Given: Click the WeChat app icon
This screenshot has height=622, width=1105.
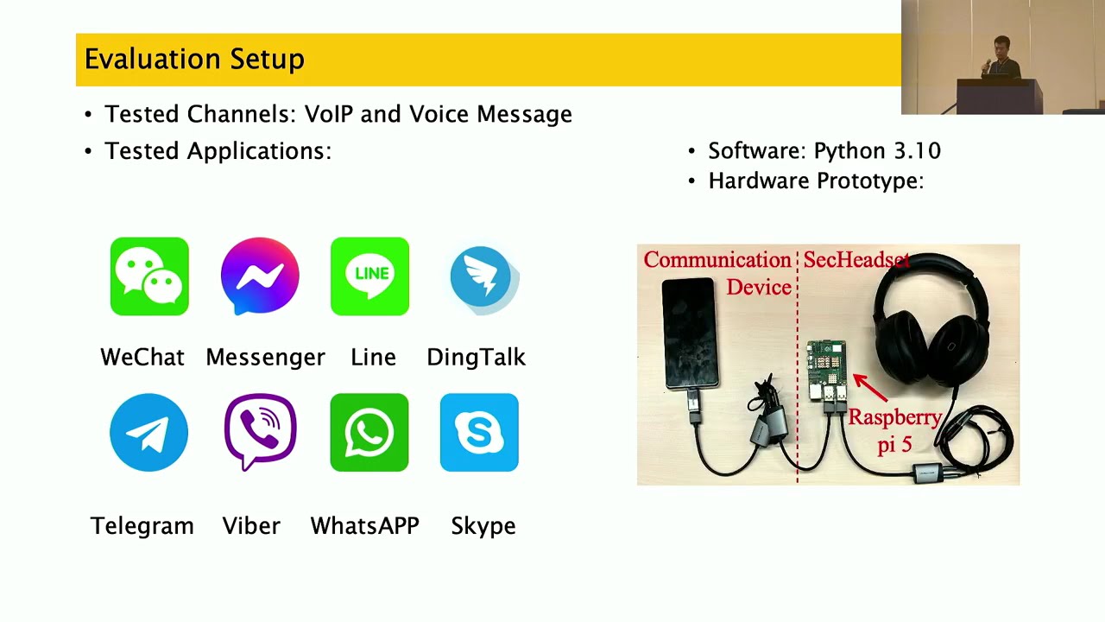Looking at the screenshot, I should point(149,276).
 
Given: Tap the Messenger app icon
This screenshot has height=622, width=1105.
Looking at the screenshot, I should point(260,276).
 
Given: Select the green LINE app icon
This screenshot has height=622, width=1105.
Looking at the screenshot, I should point(369,276).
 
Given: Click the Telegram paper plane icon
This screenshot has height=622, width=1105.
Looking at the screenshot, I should point(148,433).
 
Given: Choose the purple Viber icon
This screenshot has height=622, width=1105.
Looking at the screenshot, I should point(260,432).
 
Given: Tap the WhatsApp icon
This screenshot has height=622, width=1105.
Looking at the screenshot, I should point(369,433).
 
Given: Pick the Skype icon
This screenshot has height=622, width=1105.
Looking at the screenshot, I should point(479,433).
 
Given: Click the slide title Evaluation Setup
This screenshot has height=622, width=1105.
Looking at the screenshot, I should point(194,60).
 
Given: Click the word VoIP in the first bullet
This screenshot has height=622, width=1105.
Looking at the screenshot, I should point(331,114).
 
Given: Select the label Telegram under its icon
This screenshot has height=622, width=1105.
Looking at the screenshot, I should point(142,525).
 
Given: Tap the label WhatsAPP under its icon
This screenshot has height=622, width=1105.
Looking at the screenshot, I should point(364,525).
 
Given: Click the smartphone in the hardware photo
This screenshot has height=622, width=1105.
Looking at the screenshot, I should point(691,333).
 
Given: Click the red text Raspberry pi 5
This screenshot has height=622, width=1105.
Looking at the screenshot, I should point(894,430).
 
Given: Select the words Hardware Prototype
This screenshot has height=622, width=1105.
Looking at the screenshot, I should point(816,181).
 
